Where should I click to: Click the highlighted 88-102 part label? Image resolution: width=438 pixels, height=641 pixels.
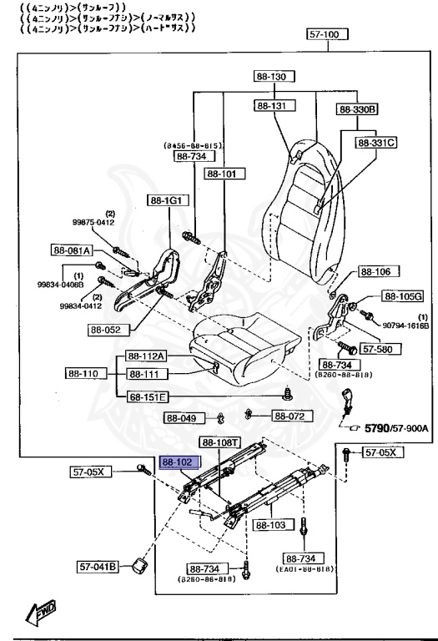178,461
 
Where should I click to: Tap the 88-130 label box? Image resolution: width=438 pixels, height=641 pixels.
271,77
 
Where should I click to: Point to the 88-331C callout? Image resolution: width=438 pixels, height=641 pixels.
376,143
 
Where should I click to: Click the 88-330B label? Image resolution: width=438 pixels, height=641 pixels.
358,109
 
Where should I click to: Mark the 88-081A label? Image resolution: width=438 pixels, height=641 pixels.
72,250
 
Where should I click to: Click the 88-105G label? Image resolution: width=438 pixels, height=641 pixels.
403,296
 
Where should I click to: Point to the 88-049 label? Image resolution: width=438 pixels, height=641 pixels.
182,418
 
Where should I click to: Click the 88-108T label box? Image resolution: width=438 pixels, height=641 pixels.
220,442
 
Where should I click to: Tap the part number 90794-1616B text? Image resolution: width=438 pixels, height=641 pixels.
405,325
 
